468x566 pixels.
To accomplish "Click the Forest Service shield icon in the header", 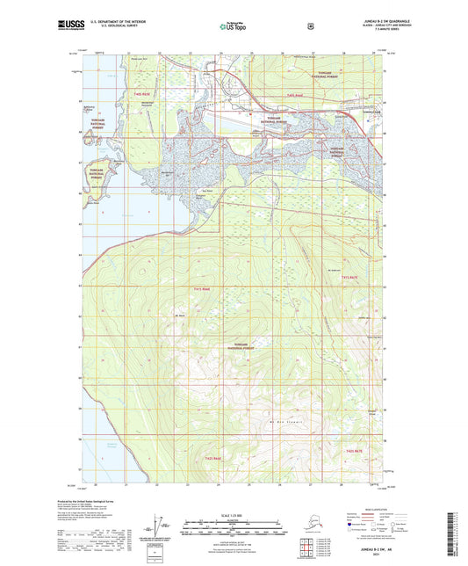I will (x=310, y=25).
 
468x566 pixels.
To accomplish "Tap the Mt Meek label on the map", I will (x=181, y=316).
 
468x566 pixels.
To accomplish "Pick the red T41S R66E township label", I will (x=202, y=288).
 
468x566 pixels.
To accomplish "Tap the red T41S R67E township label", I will (x=349, y=278).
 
